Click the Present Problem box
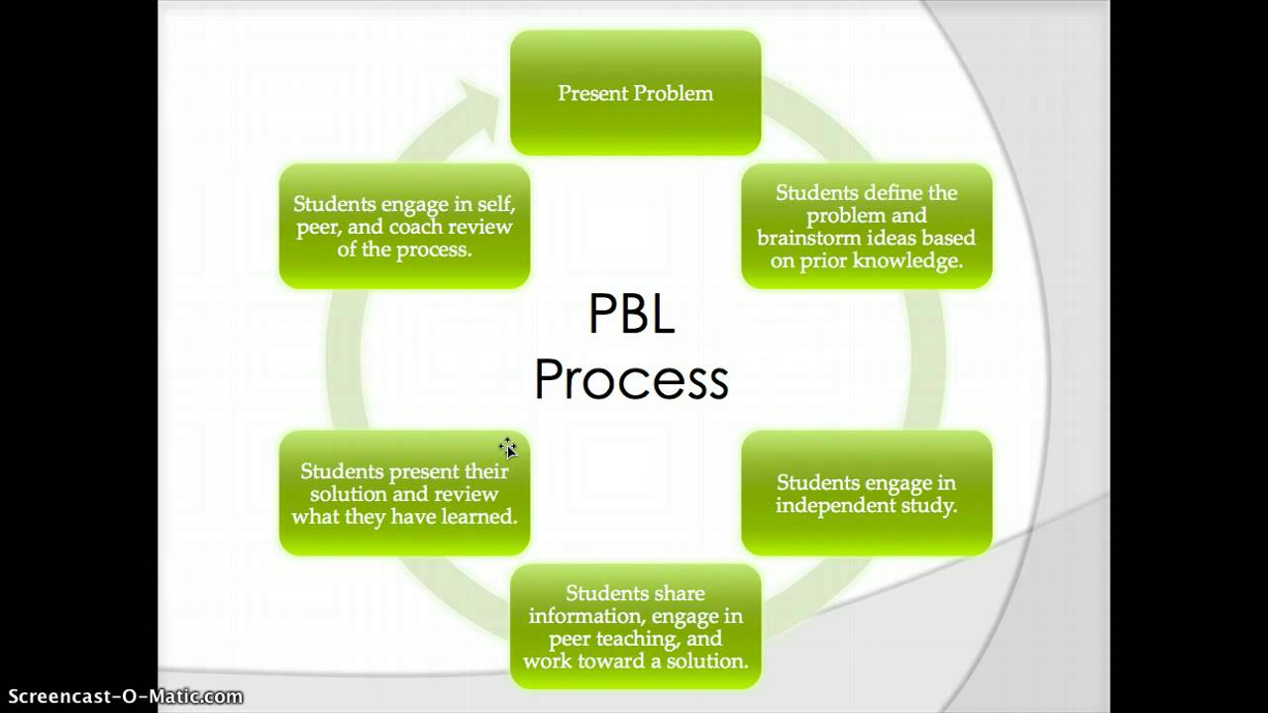pyautogui.click(x=635, y=93)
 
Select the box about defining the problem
pyautogui.click(x=866, y=227)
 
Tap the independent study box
pyautogui.click(x=866, y=493)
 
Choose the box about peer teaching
pyautogui.click(x=635, y=626)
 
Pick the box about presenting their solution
pyautogui.click(x=404, y=493)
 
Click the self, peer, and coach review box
pyautogui.click(x=404, y=227)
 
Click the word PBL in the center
pyautogui.click(x=631, y=316)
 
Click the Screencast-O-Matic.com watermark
pyautogui.click(x=124, y=696)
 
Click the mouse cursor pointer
pyautogui.click(x=508, y=448)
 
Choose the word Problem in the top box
pyautogui.click(x=674, y=93)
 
